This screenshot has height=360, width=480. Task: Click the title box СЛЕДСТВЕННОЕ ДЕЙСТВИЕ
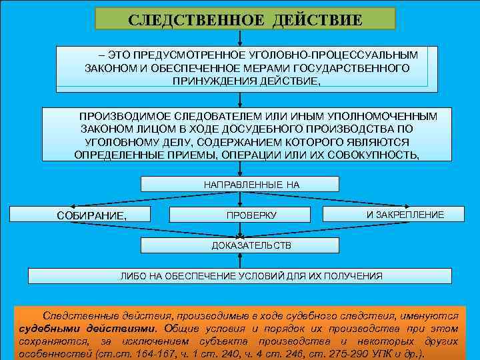(245, 18)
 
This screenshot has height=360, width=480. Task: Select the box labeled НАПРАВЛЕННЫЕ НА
(241, 184)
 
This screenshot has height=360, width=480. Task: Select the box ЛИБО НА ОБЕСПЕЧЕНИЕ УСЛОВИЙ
(251, 276)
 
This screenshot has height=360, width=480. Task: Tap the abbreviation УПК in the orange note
(379, 354)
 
